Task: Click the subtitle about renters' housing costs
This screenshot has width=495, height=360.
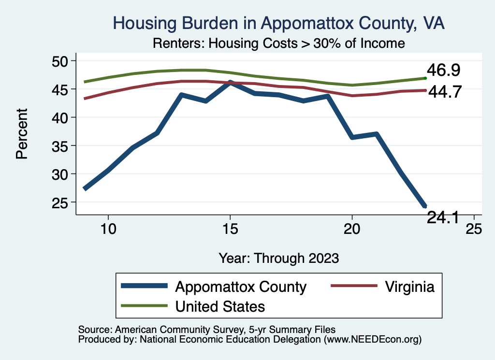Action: [278, 43]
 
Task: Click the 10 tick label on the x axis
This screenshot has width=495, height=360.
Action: [108, 229]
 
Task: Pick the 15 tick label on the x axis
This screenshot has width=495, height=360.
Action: [230, 229]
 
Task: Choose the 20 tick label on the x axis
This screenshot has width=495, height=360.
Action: [352, 229]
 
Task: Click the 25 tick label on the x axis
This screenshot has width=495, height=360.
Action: [474, 229]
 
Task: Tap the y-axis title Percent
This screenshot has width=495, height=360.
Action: [21, 140]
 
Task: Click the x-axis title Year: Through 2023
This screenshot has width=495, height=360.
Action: [278, 257]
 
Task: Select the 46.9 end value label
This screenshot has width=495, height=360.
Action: [443, 71]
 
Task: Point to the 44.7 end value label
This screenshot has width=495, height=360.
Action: [443, 91]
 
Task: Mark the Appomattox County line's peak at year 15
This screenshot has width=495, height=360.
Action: [230, 83]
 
